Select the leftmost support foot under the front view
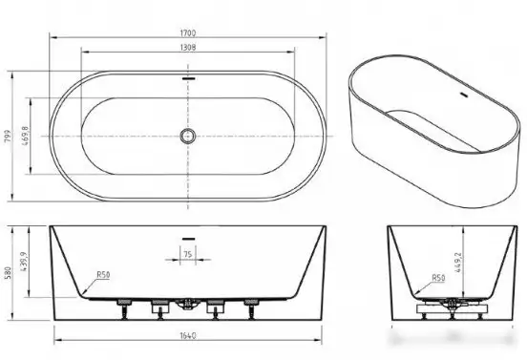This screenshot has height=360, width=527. [121, 307]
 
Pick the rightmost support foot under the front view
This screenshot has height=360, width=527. [252, 307]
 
